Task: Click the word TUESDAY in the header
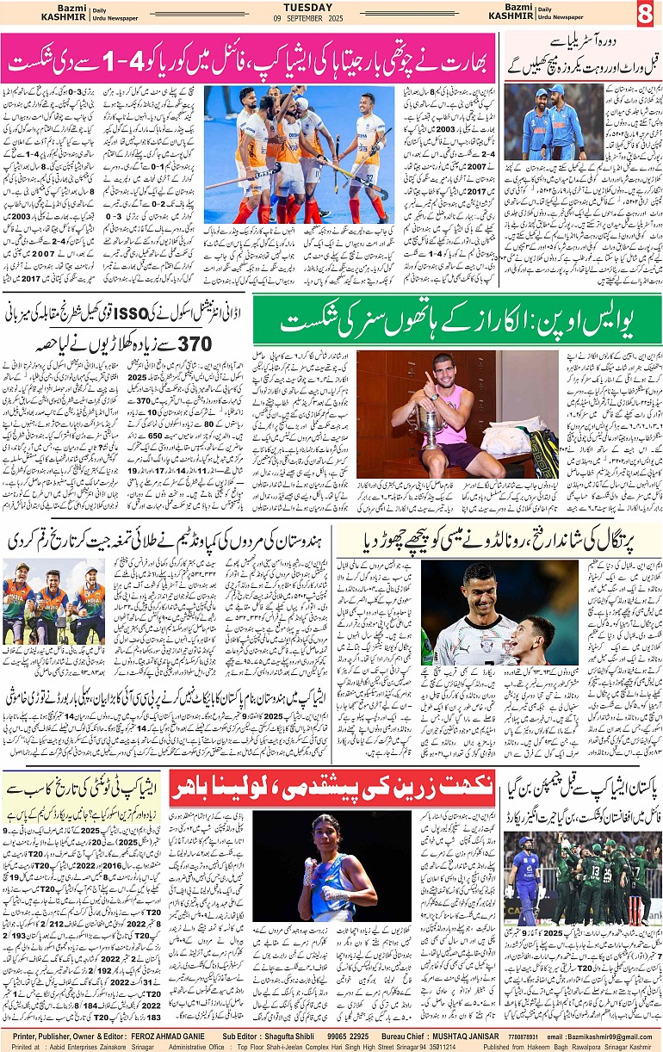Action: click(x=331, y=7)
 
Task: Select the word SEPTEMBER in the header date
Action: click(x=332, y=19)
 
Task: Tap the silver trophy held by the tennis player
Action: click(x=428, y=425)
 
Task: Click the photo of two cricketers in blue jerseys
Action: click(x=554, y=122)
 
